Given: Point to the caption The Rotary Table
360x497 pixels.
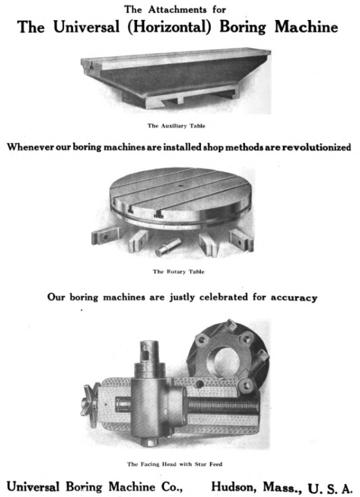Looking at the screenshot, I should pos(178,271).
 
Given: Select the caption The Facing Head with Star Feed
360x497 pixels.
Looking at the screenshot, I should pos(178,463).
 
